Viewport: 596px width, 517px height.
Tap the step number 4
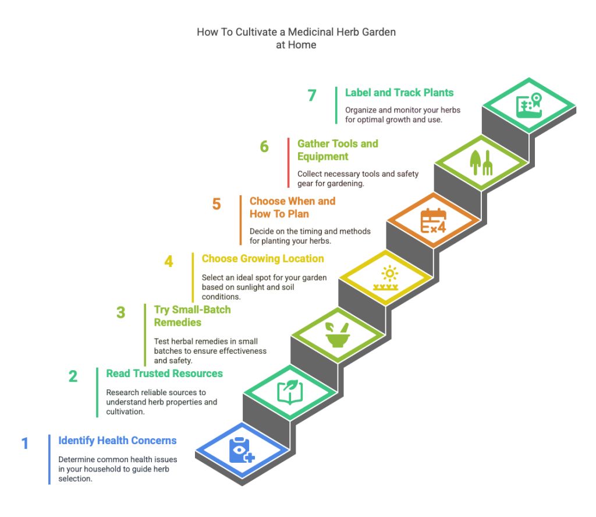[168, 262]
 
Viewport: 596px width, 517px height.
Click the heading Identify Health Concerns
[118, 440]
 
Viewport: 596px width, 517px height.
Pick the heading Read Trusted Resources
[165, 373]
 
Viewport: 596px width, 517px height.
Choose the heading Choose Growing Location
[262, 258]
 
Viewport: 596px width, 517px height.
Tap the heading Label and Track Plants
[399, 93]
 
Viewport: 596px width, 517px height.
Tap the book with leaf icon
[289, 392]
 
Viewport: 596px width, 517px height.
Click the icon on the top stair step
[529, 105]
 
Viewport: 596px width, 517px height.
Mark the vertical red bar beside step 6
[288, 163]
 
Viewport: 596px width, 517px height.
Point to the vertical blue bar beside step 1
[49, 459]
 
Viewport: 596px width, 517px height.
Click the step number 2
[73, 377]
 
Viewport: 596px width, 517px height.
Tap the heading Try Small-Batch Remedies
[192, 315]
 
